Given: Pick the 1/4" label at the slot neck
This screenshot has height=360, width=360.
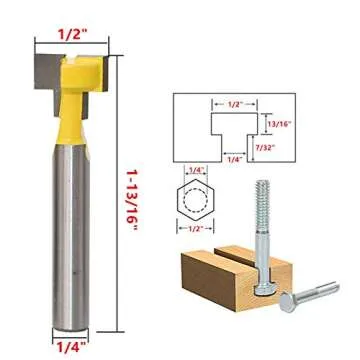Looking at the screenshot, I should [x=236, y=157].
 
